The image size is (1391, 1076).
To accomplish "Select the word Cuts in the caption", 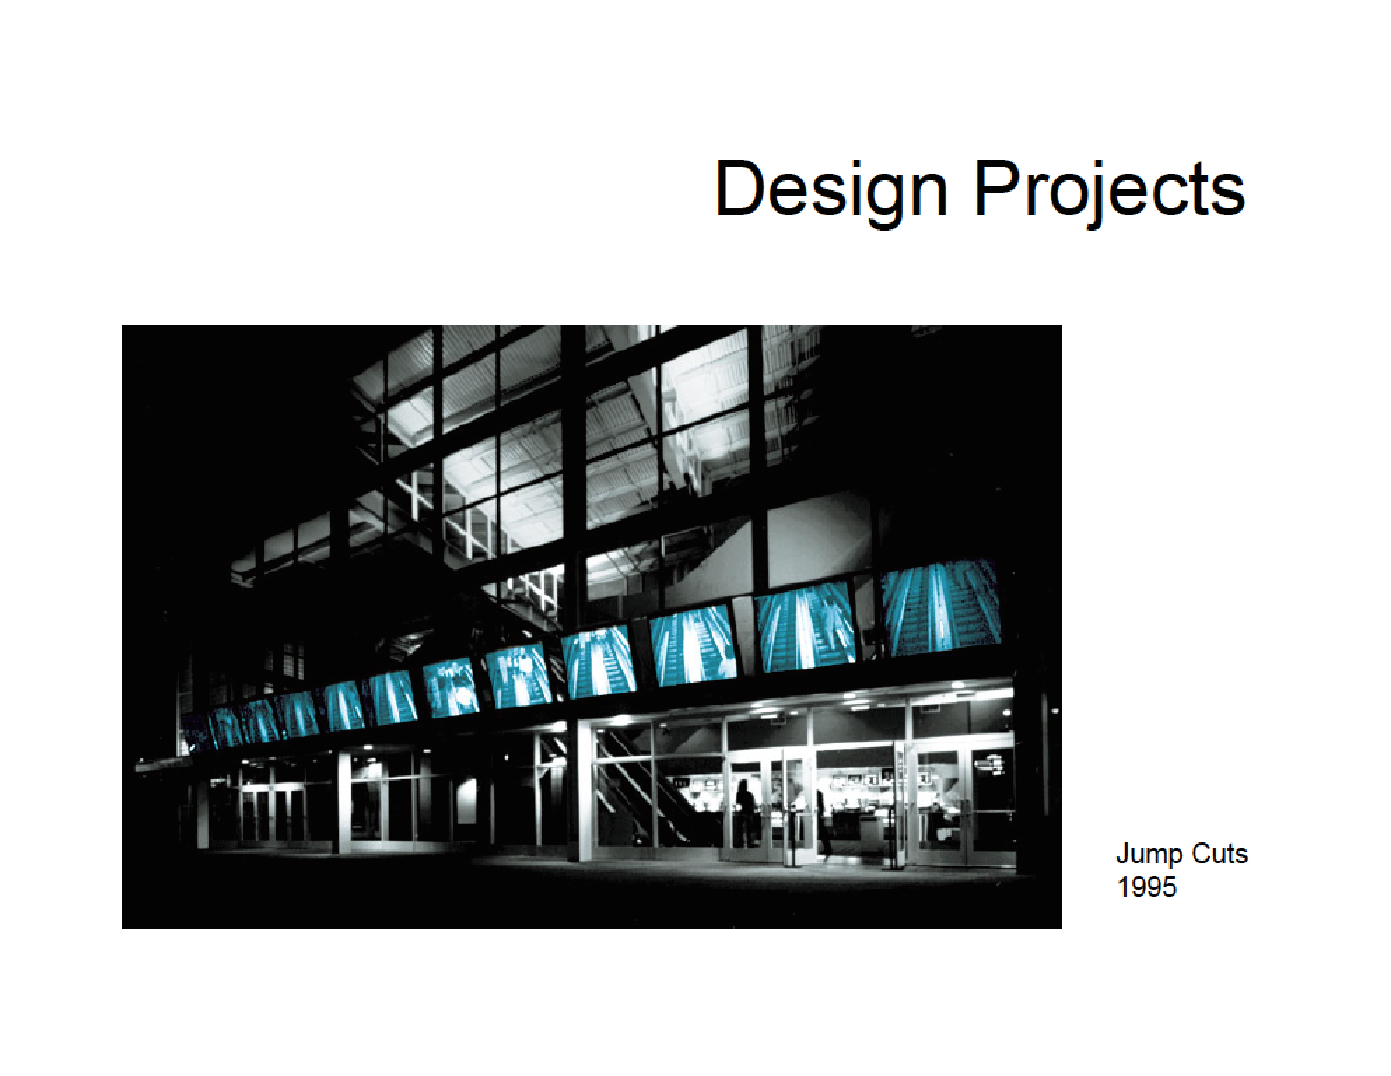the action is click(x=1220, y=854).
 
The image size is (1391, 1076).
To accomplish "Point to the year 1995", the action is click(x=1147, y=887).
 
